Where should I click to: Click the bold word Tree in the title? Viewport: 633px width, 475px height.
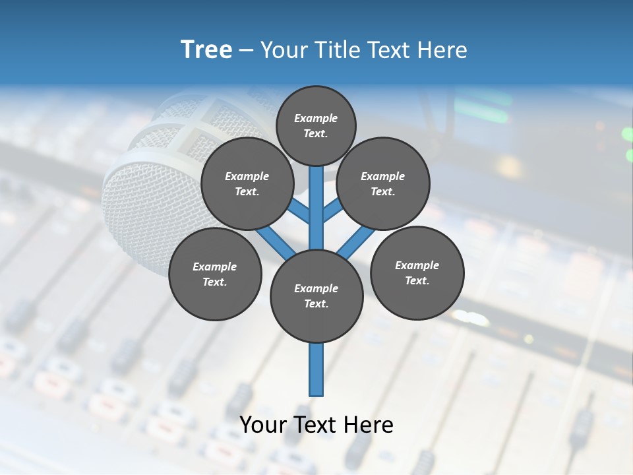(206, 49)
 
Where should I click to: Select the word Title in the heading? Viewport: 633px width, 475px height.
(336, 50)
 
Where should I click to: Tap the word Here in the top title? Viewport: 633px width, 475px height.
(443, 50)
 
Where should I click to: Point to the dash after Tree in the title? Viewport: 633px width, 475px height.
(246, 51)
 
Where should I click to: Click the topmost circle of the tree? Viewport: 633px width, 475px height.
(316, 125)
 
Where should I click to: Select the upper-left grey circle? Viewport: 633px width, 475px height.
(247, 183)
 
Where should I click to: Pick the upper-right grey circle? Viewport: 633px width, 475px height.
(383, 183)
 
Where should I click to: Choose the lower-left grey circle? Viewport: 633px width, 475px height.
(215, 274)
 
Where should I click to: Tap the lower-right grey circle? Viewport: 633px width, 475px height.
(417, 272)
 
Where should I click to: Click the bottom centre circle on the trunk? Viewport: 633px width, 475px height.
(316, 296)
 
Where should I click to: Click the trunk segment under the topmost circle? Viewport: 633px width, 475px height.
(316, 198)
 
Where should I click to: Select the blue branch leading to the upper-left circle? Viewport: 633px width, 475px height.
(299, 211)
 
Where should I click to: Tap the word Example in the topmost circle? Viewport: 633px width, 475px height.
(316, 118)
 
